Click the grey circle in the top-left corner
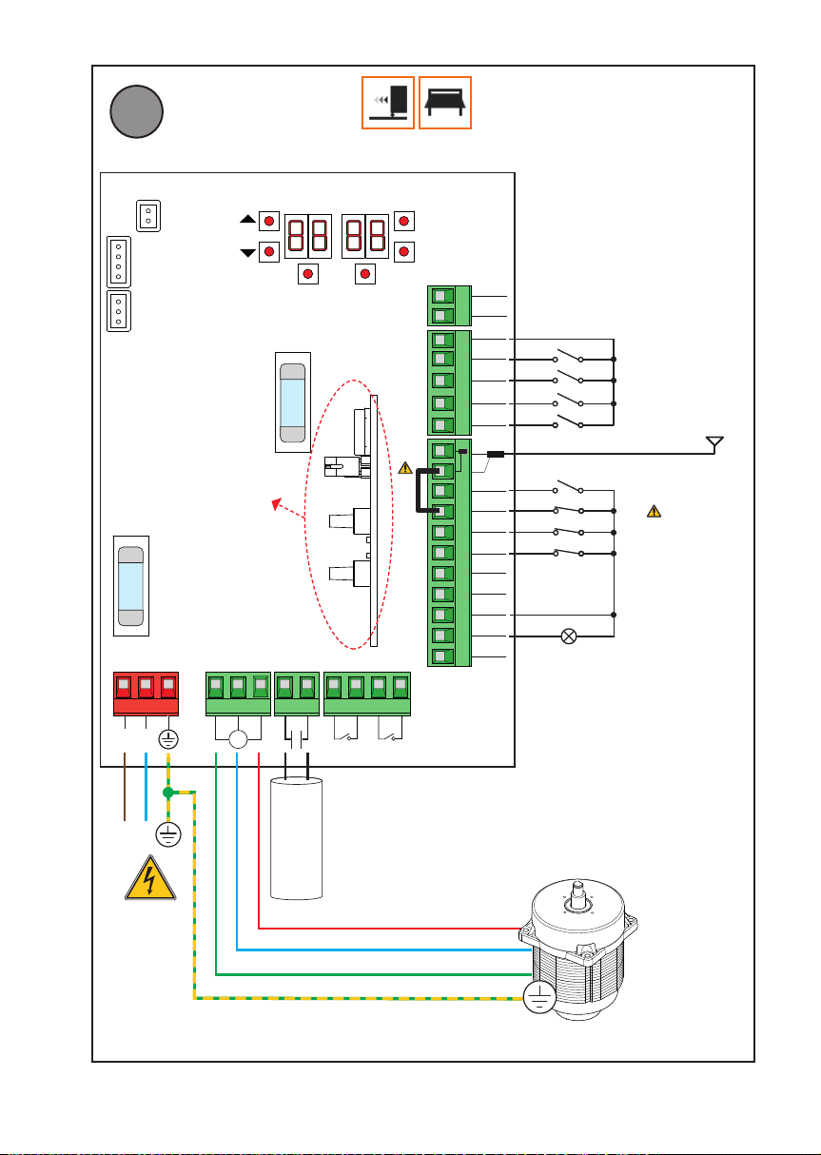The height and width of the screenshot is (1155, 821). pyautogui.click(x=136, y=111)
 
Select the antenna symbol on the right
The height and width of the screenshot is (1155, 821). pyautogui.click(x=714, y=443)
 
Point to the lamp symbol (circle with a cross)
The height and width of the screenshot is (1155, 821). pyautogui.click(x=569, y=636)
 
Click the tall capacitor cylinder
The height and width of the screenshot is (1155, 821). pyautogui.click(x=298, y=837)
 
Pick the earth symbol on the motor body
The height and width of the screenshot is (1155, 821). pyautogui.click(x=539, y=998)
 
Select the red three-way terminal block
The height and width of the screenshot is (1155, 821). pyautogui.click(x=145, y=695)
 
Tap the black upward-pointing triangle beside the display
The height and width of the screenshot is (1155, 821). pyautogui.click(x=247, y=219)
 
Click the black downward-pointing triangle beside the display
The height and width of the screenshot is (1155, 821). pyautogui.click(x=247, y=252)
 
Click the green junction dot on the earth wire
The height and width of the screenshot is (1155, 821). pyautogui.click(x=168, y=793)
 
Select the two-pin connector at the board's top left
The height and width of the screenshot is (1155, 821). pyautogui.click(x=148, y=215)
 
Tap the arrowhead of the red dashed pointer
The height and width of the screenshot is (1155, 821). pyautogui.click(x=276, y=503)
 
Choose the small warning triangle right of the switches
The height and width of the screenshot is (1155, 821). pyautogui.click(x=654, y=512)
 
